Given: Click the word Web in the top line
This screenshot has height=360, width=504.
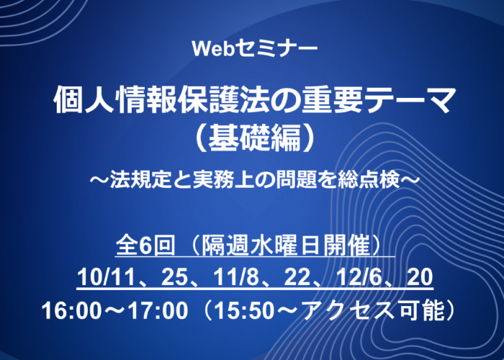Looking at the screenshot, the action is click(210, 49).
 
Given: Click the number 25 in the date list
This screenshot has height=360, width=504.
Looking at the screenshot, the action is click(174, 277).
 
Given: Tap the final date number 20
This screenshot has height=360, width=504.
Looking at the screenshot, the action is click(420, 277).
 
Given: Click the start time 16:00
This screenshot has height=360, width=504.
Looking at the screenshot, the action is click(71, 311).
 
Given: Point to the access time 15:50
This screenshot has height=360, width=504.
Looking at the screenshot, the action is click(243, 311).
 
